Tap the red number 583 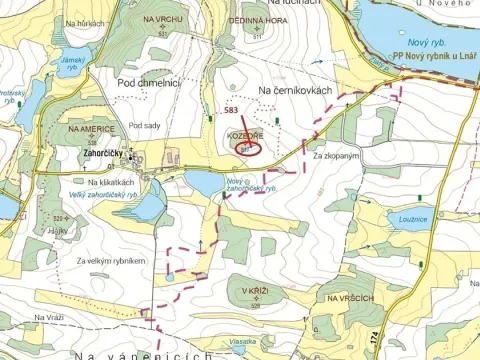coord(232,110)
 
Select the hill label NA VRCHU coord(163,19)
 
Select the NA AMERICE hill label coord(91,130)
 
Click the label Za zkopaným coord(334,157)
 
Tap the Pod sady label coord(145,126)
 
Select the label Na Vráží coord(48,317)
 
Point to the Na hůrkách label coord(82,23)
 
